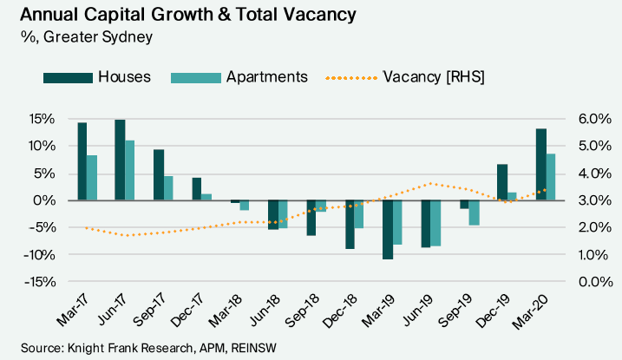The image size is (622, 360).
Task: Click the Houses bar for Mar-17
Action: click(82, 161)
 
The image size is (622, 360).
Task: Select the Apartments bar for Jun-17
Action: click(129, 170)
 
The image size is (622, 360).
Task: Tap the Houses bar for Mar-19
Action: click(387, 229)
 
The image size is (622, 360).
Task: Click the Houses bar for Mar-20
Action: click(540, 165)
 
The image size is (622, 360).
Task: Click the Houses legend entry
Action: click(97, 76)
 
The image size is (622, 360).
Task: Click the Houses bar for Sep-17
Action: click(158, 175)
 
